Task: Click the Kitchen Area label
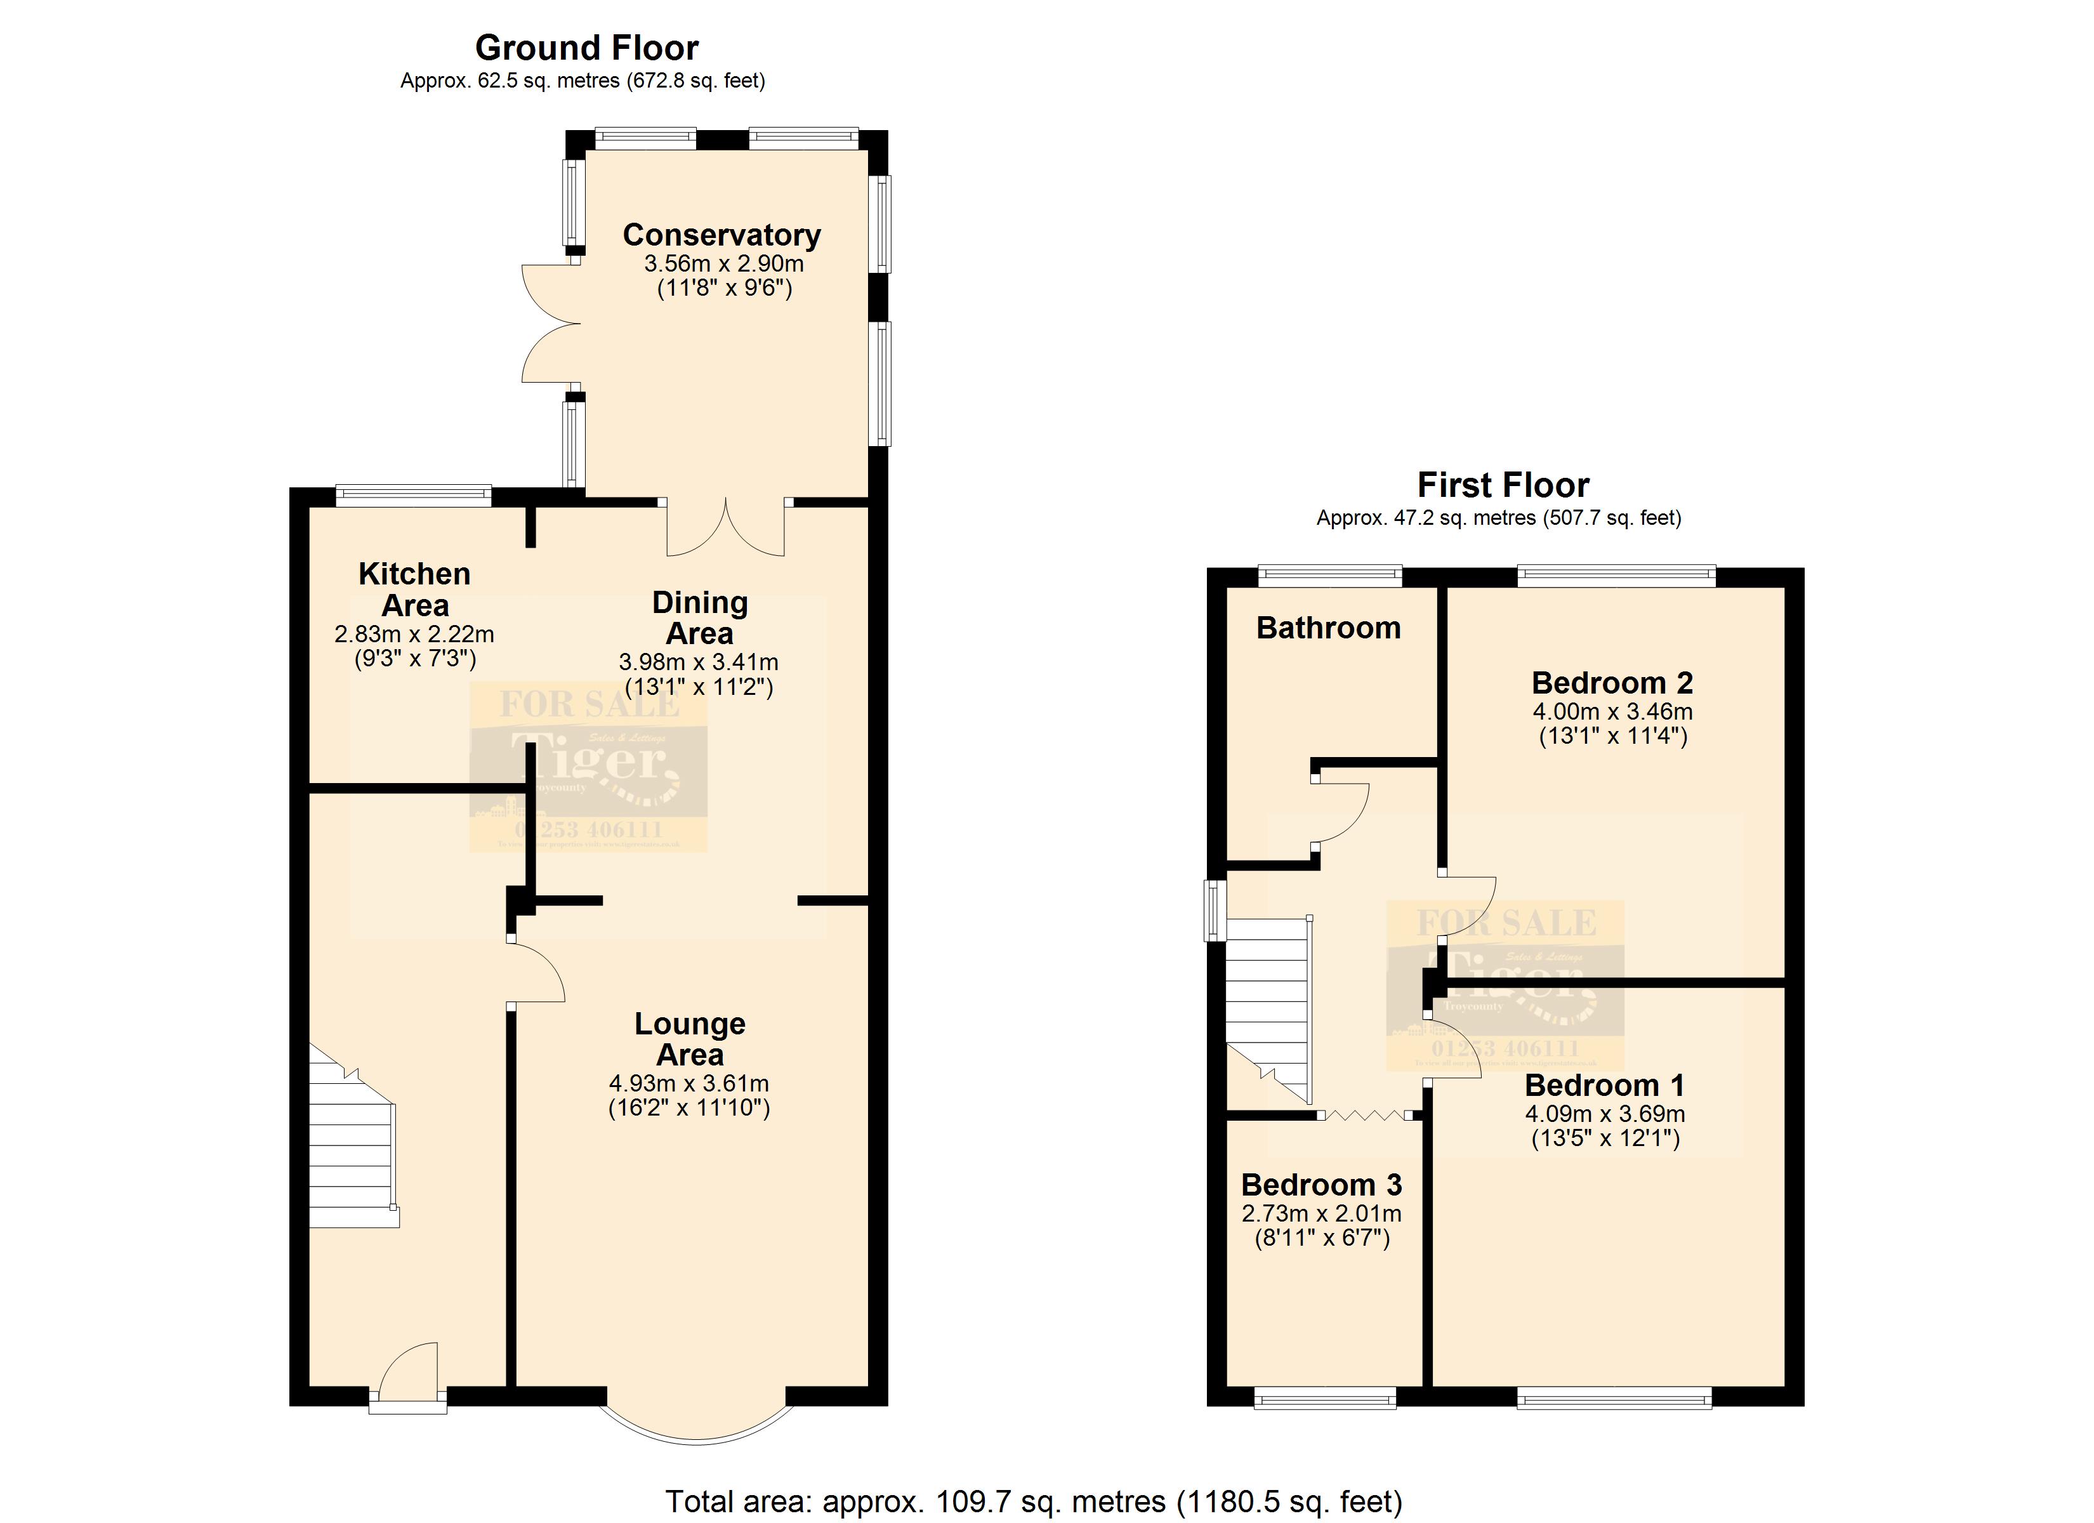tap(414, 590)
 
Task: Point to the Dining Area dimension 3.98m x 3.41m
tap(698, 663)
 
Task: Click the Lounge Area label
tap(690, 1039)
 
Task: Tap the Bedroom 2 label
tap(1611, 683)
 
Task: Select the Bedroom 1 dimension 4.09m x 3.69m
tap(1605, 1115)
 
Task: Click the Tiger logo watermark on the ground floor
tap(588, 767)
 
